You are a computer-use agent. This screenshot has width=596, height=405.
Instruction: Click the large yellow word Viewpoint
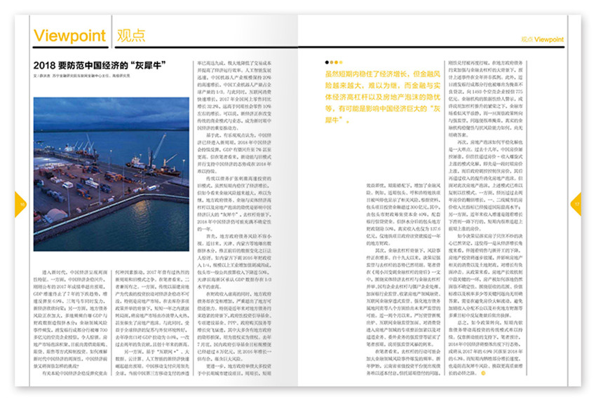pyautogui.click(x=69, y=36)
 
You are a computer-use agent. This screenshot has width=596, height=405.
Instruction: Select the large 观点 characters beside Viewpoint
pyautogui.click(x=130, y=36)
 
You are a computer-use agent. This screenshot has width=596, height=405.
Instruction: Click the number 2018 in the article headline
pyautogui.click(x=46, y=66)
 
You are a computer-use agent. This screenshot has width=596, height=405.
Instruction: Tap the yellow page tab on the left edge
pyautogui.click(x=20, y=204)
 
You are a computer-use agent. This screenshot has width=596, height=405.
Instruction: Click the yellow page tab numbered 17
pyautogui.click(x=576, y=204)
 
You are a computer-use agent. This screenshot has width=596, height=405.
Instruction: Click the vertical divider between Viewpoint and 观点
pyautogui.click(x=110, y=36)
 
